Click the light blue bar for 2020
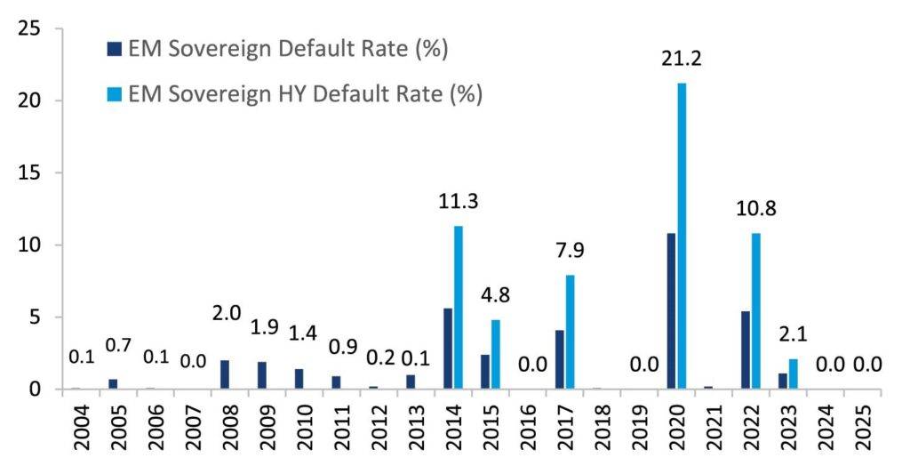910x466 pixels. point(682,236)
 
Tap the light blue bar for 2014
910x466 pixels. point(459,308)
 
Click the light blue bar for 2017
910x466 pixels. point(570,332)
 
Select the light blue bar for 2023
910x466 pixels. point(794,374)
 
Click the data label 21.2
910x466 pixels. point(682,60)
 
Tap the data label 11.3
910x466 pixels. point(459,202)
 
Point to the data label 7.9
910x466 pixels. point(571,252)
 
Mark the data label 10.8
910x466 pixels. point(756,210)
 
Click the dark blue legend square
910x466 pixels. point(113,49)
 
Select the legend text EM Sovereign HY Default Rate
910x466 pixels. point(305,93)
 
